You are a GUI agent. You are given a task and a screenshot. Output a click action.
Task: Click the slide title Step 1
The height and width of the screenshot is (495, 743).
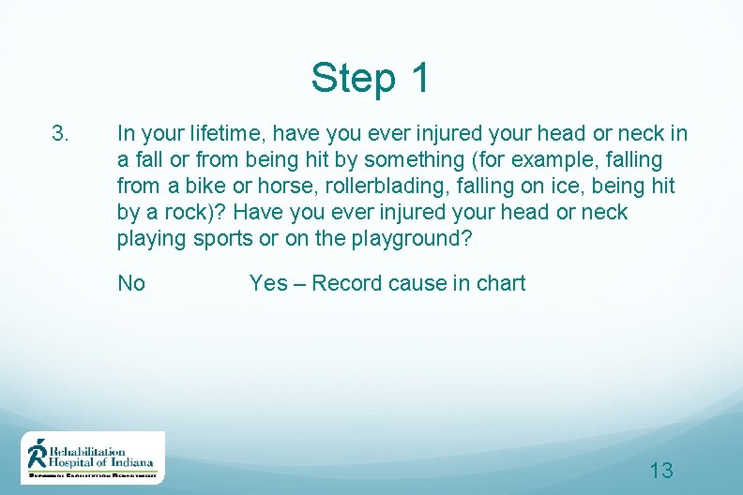pyautogui.click(x=371, y=78)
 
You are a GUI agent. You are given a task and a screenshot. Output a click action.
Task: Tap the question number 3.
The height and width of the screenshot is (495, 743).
pyautogui.click(x=60, y=134)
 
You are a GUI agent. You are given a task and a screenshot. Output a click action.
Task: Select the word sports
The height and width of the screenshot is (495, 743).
pyautogui.click(x=222, y=239)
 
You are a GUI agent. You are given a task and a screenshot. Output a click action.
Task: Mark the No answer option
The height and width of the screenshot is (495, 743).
pyautogui.click(x=131, y=283)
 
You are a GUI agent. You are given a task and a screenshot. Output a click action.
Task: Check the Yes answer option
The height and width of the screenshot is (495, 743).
pyautogui.click(x=268, y=283)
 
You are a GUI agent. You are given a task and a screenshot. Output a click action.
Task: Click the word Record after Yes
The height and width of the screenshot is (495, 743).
pyautogui.click(x=346, y=283)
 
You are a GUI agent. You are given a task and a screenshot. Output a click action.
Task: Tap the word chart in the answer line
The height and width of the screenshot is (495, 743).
pyautogui.click(x=501, y=283)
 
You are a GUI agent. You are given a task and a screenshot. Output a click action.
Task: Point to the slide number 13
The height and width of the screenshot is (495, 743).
pyautogui.click(x=661, y=471)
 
